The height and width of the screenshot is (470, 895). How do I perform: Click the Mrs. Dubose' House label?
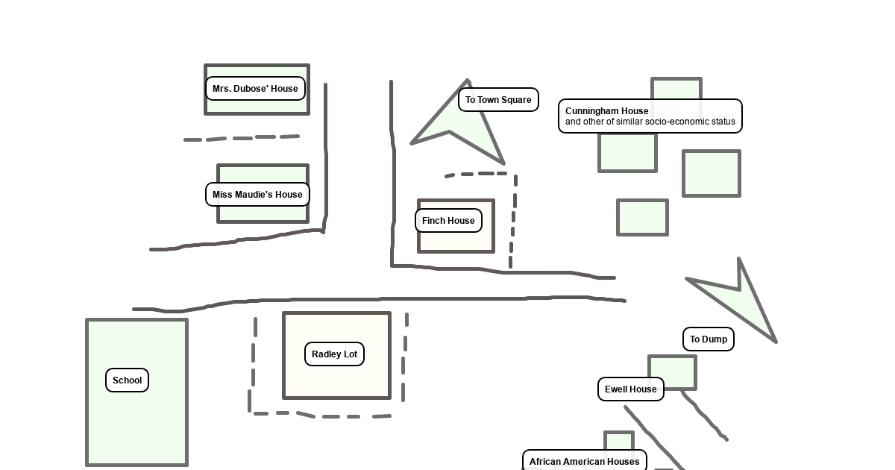click(255, 88)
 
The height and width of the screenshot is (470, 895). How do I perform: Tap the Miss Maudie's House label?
click(257, 194)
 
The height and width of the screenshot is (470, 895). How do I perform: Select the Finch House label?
click(448, 220)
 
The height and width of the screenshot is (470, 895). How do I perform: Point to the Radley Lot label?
click(334, 354)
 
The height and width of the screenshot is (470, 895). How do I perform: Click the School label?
click(127, 380)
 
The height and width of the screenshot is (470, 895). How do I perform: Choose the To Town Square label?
click(498, 99)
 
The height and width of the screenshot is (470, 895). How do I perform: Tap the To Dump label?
click(709, 339)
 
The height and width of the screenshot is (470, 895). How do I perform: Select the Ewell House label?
click(630, 389)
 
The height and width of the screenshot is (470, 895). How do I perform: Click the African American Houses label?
click(584, 460)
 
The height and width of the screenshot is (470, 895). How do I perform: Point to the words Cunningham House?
click(606, 110)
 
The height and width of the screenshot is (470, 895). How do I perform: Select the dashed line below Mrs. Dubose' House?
click(242, 138)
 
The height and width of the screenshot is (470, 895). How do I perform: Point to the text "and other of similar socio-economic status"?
click(650, 122)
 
